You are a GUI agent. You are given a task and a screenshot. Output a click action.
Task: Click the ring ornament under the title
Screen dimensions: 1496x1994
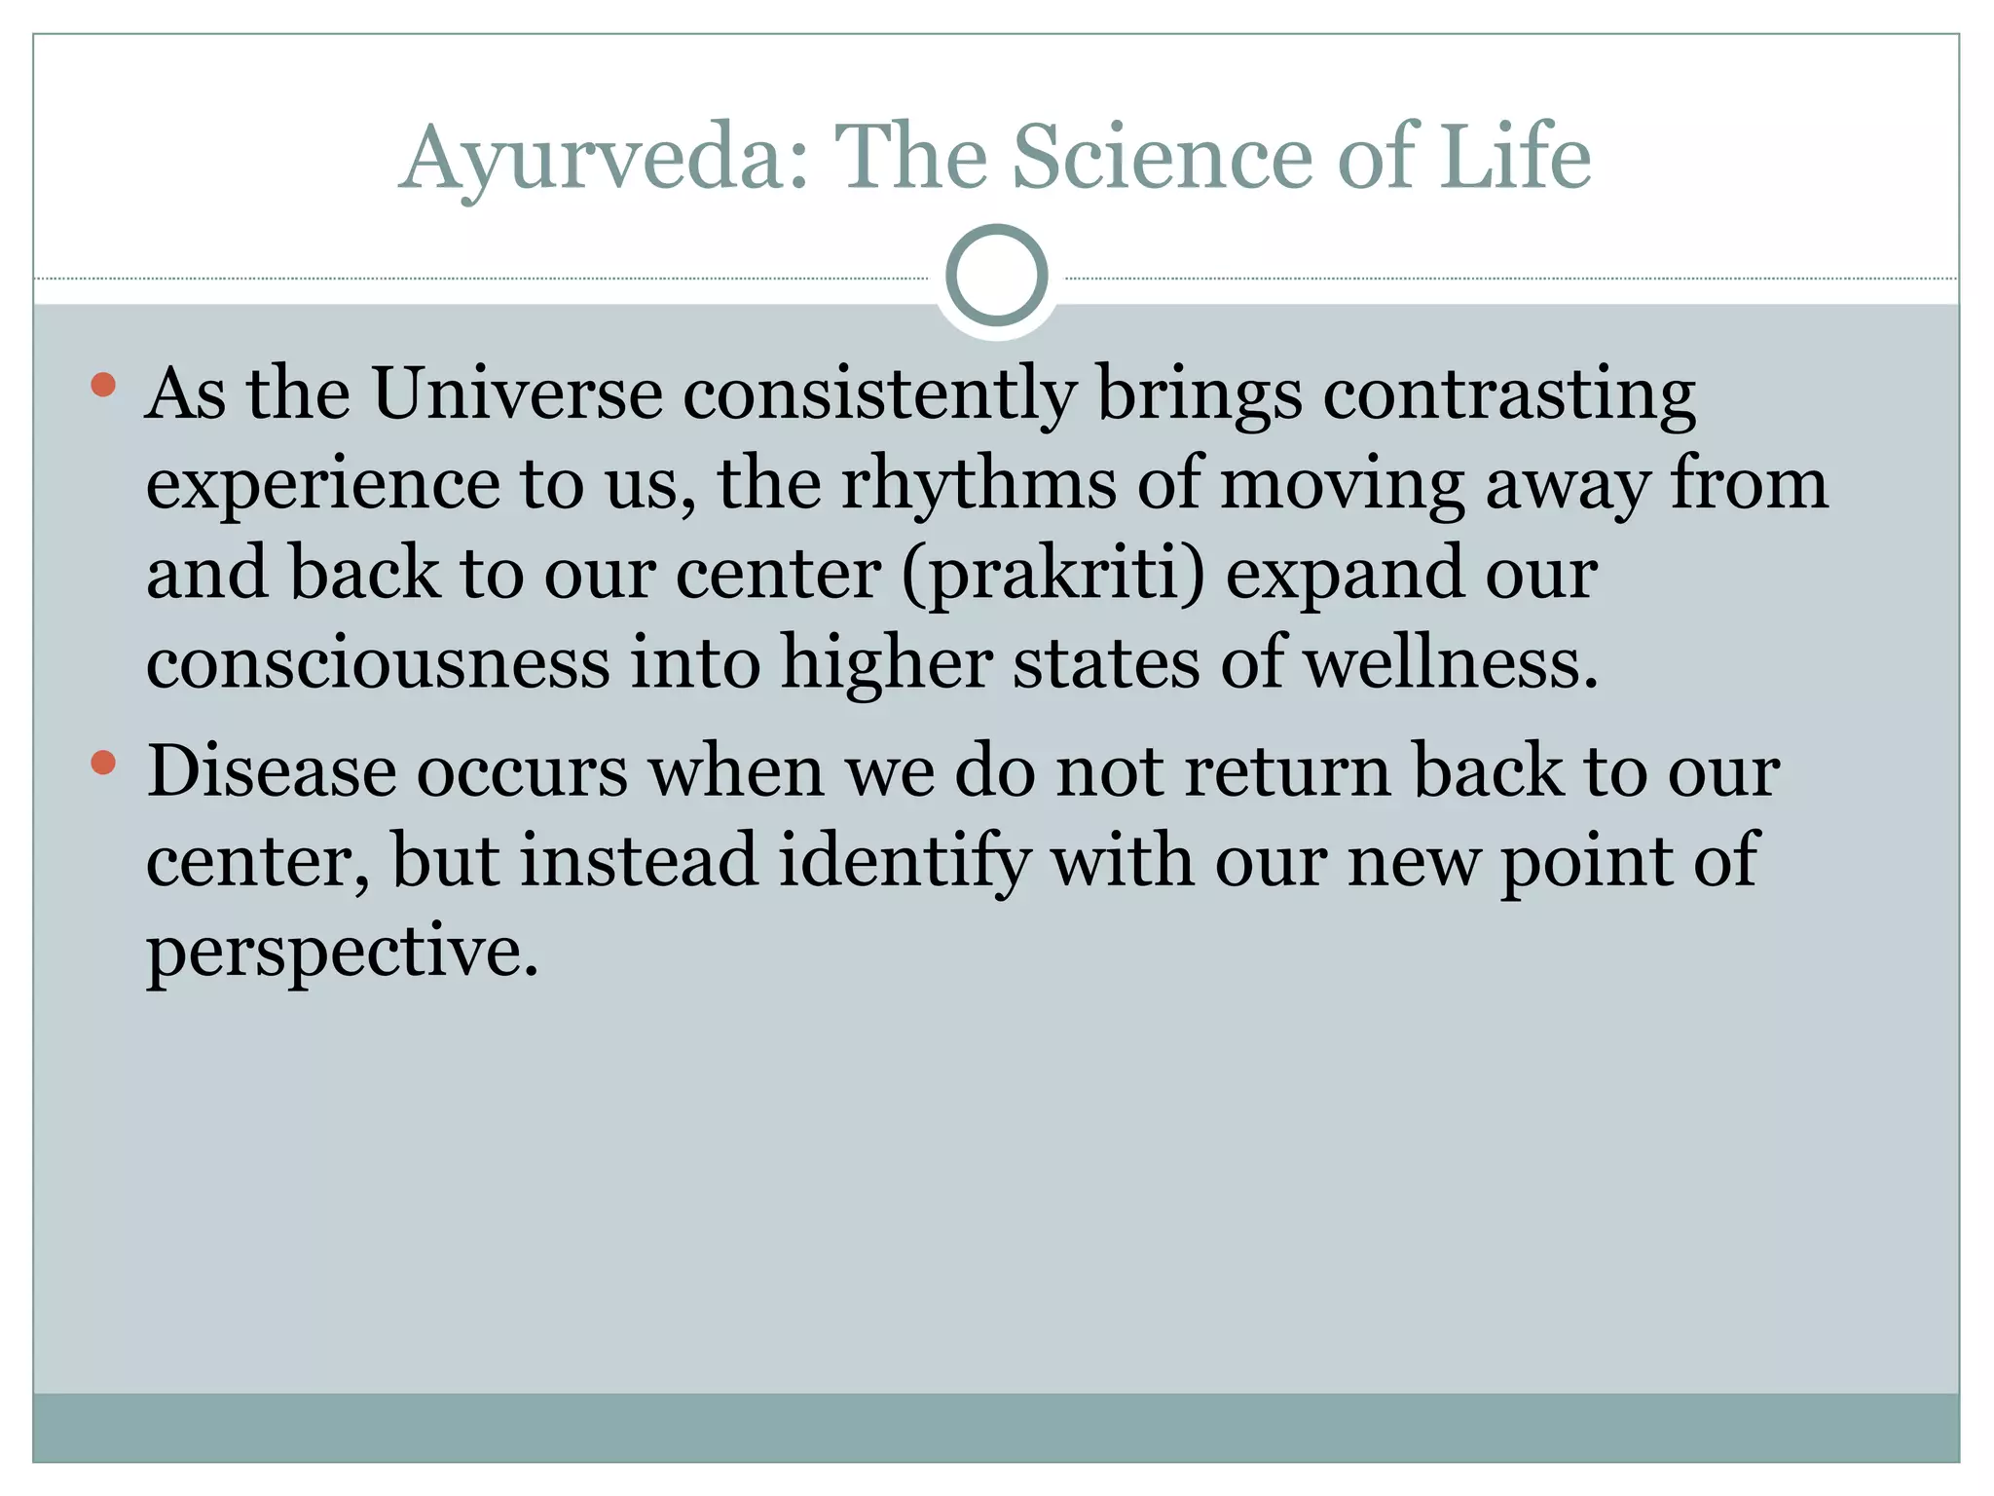996,276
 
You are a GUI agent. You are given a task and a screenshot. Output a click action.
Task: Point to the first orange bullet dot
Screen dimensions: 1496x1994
103,386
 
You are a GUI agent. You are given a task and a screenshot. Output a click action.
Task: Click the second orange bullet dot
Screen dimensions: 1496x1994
103,763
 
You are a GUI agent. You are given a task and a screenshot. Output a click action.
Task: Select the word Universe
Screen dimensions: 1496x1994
517,393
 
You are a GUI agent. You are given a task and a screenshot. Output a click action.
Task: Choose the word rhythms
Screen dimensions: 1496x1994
978,483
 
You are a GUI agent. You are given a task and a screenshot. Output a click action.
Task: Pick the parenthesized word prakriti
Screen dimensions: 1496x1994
1052,574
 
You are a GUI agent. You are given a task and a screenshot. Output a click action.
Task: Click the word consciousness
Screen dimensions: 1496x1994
378,663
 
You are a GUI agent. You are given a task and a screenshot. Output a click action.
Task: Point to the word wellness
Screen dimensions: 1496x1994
1451,663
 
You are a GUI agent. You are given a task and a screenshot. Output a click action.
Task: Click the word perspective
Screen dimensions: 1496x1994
342,952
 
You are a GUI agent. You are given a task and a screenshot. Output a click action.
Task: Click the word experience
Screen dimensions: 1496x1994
322,483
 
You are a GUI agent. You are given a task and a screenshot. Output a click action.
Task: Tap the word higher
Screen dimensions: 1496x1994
886,663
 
